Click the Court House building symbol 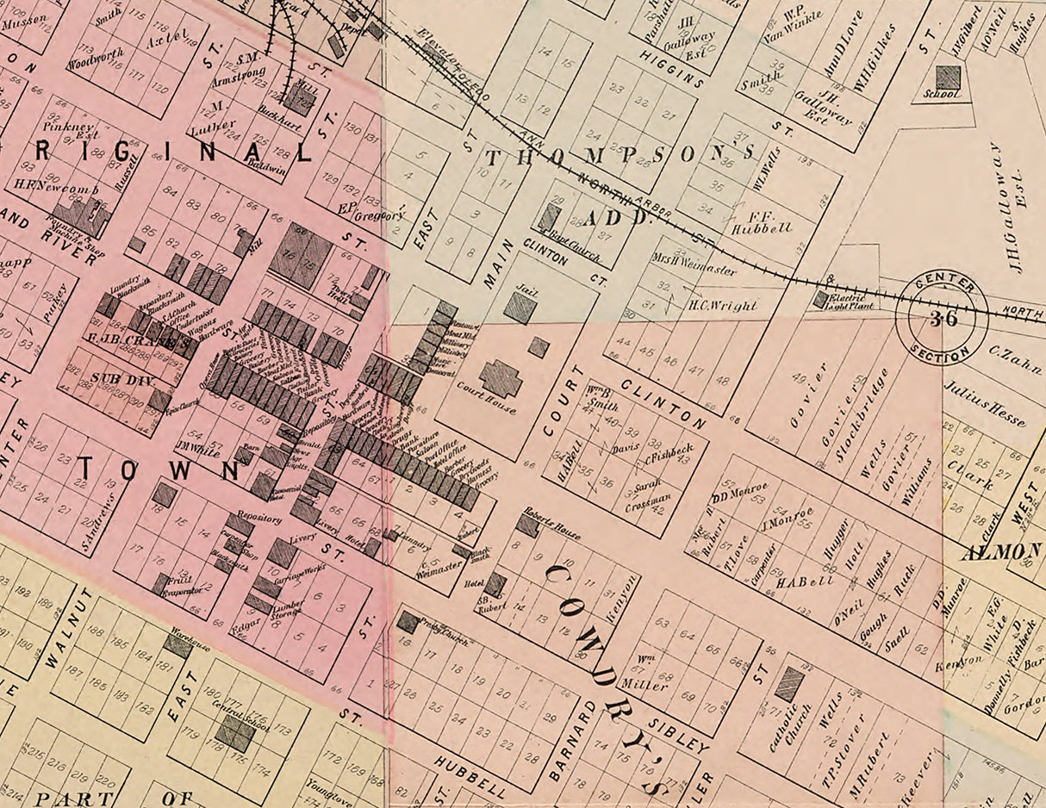click(x=501, y=378)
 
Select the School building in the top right click(x=948, y=78)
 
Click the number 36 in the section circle click(x=941, y=318)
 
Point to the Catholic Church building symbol click(x=788, y=683)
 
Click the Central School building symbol click(x=234, y=733)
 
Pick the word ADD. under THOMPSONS click(x=620, y=218)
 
